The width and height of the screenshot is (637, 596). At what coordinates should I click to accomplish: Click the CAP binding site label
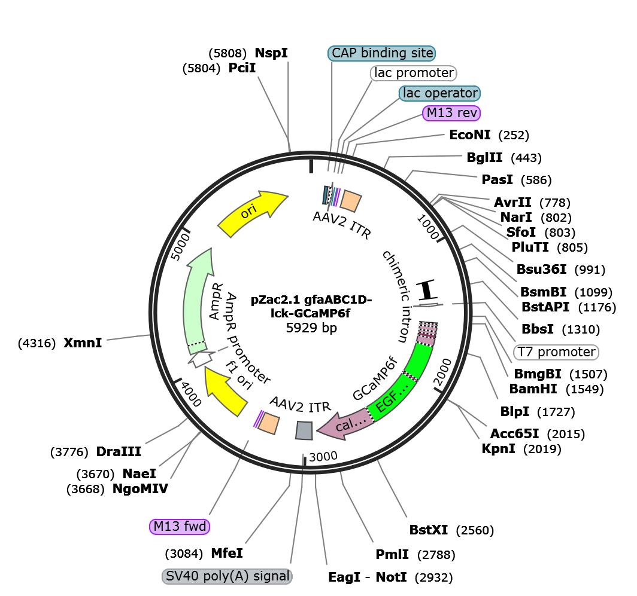382,53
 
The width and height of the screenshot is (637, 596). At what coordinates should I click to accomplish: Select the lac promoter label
413,73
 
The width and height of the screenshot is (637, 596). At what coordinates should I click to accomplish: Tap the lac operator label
440,93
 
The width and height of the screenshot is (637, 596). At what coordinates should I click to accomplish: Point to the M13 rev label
451,113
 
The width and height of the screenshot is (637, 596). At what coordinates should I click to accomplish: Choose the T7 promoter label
556,352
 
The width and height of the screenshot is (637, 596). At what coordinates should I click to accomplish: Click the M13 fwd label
180,527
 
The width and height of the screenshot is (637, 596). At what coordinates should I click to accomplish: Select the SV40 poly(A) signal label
227,576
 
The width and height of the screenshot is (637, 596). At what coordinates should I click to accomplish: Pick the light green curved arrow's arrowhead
202,261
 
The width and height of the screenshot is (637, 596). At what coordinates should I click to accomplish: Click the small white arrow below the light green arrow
201,358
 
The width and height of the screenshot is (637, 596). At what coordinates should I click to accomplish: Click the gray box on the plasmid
304,430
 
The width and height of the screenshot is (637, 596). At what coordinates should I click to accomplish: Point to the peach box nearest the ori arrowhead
351,200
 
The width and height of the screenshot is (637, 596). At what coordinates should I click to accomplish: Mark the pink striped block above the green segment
427,332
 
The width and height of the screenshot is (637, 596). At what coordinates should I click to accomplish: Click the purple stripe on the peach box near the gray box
259,418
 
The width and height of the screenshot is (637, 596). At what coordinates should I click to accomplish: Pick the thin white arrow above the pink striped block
429,306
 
